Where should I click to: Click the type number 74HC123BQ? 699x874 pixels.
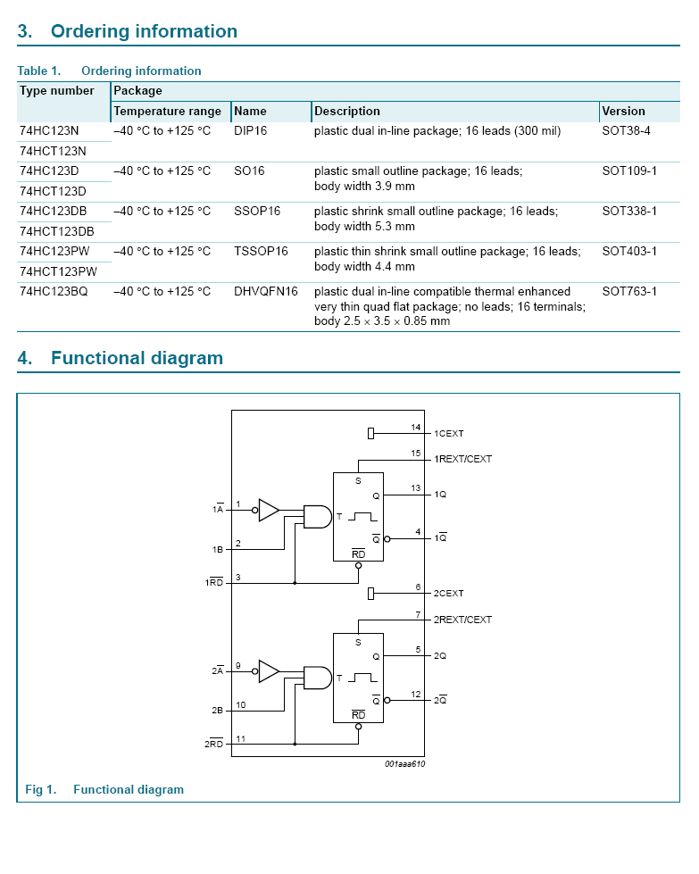tap(54, 292)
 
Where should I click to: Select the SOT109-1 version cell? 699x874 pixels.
tap(629, 171)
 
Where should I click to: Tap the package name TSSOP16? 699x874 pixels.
tap(261, 252)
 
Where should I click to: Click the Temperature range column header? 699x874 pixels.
tap(167, 112)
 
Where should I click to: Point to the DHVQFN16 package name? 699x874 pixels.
tap(266, 292)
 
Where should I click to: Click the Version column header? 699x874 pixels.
tap(623, 112)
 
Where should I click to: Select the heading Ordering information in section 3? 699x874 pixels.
tap(144, 32)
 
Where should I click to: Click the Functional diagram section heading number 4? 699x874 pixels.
tap(25, 359)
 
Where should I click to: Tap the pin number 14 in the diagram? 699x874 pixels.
tap(416, 428)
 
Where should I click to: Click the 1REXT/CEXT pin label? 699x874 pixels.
tap(462, 459)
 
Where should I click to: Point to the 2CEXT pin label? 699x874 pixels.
tap(449, 594)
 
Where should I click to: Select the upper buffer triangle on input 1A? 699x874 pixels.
tap(268, 510)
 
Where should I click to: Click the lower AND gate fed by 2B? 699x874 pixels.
tap(317, 678)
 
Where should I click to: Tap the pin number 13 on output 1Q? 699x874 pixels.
tap(416, 488)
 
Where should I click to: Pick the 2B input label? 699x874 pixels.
tap(217, 711)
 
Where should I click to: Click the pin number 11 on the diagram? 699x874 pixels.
tap(238, 738)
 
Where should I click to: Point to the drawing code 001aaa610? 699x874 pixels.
tap(404, 764)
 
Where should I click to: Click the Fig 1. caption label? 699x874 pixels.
tap(40, 790)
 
